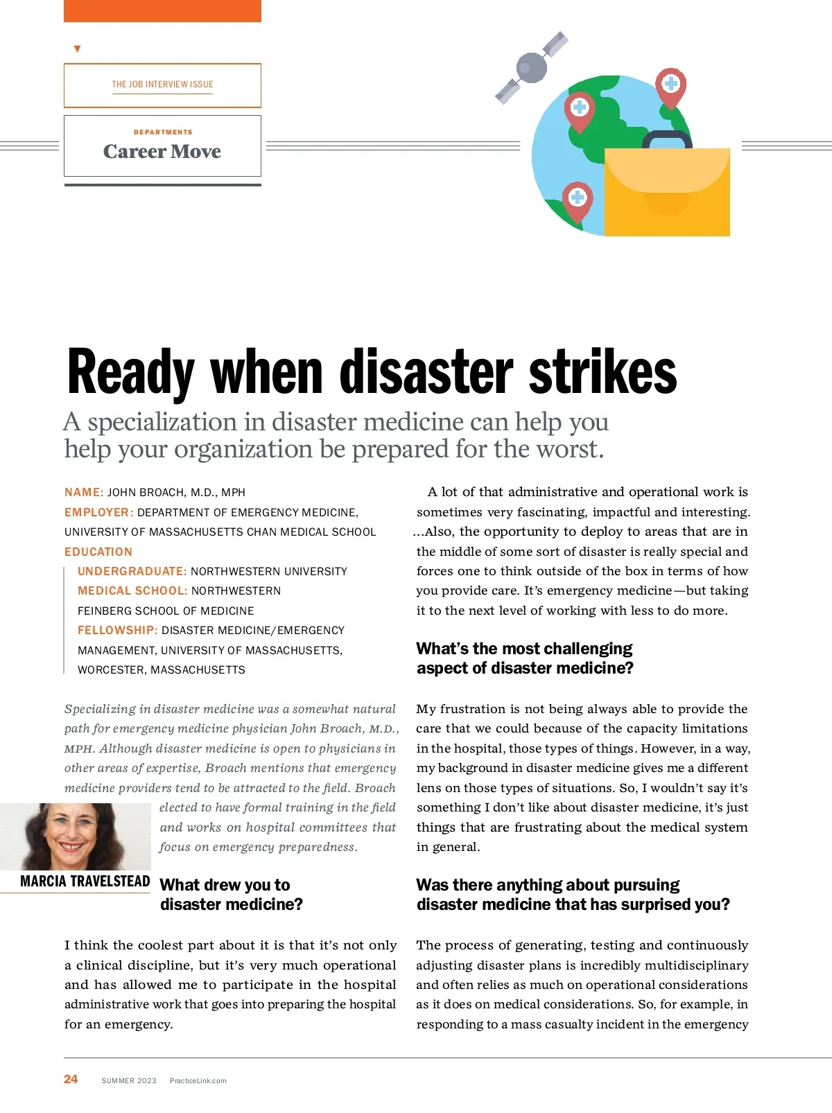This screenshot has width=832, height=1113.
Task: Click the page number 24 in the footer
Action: [71, 1079]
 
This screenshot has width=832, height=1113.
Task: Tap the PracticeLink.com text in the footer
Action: [198, 1080]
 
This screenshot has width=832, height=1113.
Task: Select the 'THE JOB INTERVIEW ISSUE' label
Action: [162, 85]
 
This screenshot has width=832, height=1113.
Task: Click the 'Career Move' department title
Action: [162, 151]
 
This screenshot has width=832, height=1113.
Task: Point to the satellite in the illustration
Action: [532, 67]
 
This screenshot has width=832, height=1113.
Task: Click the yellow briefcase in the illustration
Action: [667, 194]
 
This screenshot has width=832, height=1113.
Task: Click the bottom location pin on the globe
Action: [577, 200]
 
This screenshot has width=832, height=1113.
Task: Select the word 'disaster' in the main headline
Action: [427, 372]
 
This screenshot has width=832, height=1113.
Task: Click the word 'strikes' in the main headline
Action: [603, 372]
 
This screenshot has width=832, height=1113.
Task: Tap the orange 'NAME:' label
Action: [84, 492]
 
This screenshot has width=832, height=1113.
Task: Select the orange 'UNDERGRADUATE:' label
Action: [132, 571]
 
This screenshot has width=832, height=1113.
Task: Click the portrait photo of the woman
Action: [75, 836]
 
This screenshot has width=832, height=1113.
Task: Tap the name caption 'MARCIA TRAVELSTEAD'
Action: [85, 882]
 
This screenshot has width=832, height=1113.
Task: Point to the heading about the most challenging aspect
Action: [525, 658]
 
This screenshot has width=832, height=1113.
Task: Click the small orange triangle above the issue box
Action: [77, 49]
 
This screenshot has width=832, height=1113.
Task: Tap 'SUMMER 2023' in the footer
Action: [129, 1080]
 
